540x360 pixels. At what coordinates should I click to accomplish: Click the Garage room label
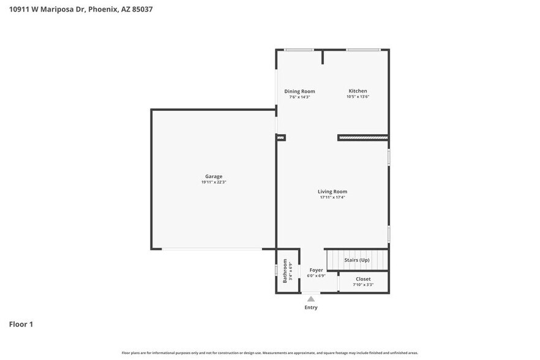[214, 176]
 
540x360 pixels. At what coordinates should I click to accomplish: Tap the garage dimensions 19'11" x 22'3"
[214, 182]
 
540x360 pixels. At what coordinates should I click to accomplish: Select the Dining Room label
[299, 91]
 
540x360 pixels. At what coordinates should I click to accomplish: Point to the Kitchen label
[358, 91]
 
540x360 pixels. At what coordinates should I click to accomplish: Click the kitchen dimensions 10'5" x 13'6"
[358, 97]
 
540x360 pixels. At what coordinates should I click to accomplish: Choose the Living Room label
[332, 192]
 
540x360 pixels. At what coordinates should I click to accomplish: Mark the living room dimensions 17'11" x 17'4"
[332, 197]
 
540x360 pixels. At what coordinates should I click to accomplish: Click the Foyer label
[316, 270]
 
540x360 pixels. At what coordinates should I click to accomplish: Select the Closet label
[363, 279]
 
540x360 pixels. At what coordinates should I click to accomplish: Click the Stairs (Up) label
[356, 260]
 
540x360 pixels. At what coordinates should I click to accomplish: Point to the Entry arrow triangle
[311, 299]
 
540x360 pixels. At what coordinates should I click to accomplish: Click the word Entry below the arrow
[311, 307]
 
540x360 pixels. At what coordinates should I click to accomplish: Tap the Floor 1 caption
[21, 324]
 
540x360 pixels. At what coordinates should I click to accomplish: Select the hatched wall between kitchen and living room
[363, 138]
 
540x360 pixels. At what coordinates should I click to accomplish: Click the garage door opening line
[212, 249]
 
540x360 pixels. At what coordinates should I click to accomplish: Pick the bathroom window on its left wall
[276, 270]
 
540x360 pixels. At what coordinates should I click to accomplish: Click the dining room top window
[299, 50]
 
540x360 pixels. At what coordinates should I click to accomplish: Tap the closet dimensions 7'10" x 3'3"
[363, 285]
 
